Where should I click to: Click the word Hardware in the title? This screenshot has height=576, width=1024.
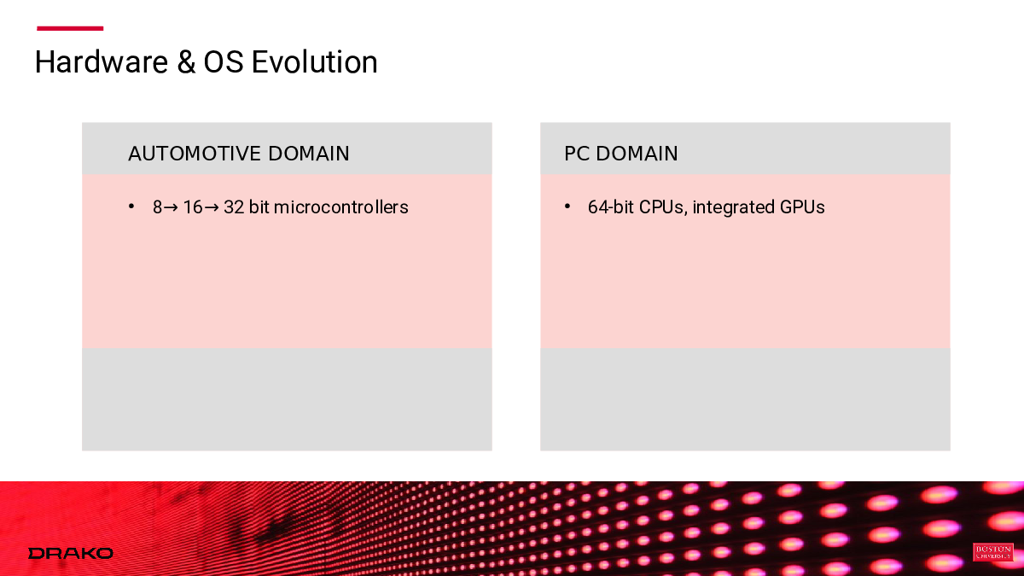[102, 62]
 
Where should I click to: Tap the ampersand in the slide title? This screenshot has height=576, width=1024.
[186, 62]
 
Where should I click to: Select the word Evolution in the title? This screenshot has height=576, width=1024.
[315, 62]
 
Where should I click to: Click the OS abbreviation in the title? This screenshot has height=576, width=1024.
[223, 62]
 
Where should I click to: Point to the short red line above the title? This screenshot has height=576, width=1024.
[70, 28]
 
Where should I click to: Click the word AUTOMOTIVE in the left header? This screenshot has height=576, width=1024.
[195, 154]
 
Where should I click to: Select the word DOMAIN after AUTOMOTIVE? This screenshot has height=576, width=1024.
[309, 154]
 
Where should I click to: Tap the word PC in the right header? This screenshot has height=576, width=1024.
[576, 154]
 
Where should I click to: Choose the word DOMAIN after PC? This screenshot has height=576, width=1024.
[637, 154]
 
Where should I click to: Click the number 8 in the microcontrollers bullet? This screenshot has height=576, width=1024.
[157, 207]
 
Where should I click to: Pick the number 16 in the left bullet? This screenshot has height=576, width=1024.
[193, 207]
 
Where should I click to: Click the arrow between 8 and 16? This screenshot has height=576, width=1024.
[171, 208]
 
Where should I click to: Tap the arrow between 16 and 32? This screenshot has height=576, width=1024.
[212, 208]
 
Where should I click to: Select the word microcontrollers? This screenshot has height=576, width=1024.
[340, 207]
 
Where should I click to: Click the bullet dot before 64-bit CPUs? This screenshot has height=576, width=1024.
[567, 207]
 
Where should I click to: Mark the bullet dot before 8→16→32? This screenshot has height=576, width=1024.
[131, 207]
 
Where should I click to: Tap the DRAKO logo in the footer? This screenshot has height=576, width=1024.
[70, 554]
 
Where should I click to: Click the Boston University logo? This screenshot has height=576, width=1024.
[993, 552]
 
